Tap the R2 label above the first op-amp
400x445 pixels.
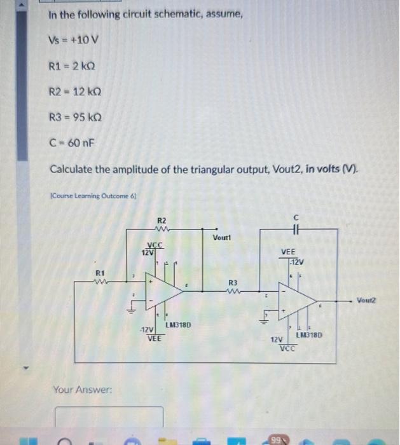pyautogui.click(x=162, y=220)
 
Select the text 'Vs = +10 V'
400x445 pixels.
pyautogui.click(x=73, y=41)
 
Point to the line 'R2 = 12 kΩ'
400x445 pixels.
pyautogui.click(x=76, y=91)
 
